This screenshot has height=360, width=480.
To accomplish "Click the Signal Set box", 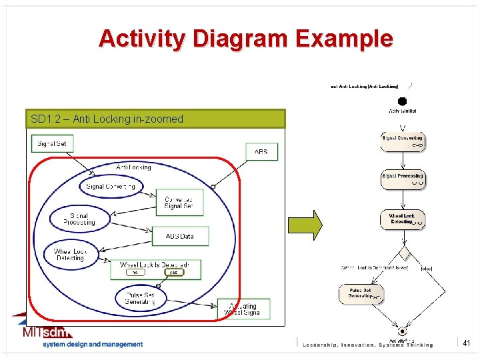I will (x=52, y=143).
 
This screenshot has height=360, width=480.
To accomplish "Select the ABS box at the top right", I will (x=261, y=152).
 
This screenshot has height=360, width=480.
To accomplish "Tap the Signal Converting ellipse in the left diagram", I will (x=111, y=187).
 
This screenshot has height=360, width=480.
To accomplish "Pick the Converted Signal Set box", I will (x=178, y=203).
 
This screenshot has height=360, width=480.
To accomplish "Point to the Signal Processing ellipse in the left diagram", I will (x=79, y=219).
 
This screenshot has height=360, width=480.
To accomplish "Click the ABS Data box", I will (x=179, y=236).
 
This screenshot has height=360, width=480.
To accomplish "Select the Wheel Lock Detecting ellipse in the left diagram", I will (x=71, y=255).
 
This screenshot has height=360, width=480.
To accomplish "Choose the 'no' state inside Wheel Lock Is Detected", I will (x=135, y=272).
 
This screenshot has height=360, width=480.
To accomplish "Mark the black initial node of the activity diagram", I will (x=402, y=102).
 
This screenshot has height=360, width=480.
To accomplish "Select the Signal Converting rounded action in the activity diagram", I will (x=402, y=141).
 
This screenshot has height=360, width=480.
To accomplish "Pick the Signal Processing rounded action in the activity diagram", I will (x=402, y=178).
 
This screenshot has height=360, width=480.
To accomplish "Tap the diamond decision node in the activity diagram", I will (x=403, y=254).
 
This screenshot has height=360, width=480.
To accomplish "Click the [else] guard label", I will (x=427, y=268).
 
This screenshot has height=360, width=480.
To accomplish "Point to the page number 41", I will (x=467, y=343).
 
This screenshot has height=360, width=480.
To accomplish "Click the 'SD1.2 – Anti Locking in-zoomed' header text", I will (x=107, y=119).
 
